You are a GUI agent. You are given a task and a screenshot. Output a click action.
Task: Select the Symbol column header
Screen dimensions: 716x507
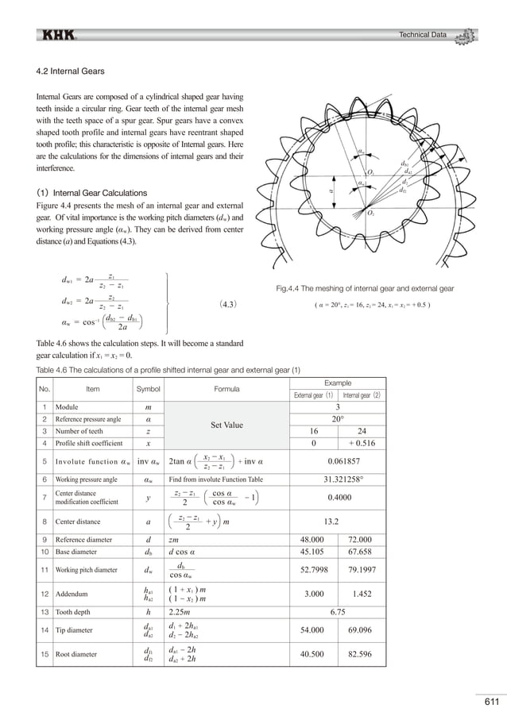[x=149, y=389]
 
